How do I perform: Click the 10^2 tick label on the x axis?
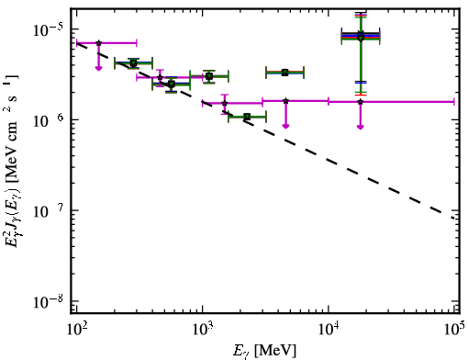click(x=76, y=329)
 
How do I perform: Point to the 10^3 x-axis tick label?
click(x=202, y=329)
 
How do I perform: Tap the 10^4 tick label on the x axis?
click(x=329, y=329)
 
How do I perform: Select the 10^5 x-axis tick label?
click(x=455, y=329)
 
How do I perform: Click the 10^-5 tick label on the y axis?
click(x=48, y=29)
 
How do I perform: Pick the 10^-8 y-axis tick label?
click(x=48, y=301)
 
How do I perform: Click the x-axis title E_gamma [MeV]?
click(x=264, y=350)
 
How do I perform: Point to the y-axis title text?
click(x=12, y=159)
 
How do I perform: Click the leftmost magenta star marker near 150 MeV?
click(x=98, y=43)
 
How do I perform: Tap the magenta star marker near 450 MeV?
click(x=160, y=77)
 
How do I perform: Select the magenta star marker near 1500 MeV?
click(x=225, y=103)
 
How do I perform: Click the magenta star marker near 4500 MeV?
click(x=285, y=101)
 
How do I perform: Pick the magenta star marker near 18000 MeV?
click(x=361, y=102)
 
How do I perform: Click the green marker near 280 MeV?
click(x=133, y=63)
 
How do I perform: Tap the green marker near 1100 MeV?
click(x=209, y=76)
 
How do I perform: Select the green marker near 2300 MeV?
click(x=247, y=117)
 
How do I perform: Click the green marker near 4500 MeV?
click(x=285, y=73)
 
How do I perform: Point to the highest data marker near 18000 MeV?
click(x=361, y=33)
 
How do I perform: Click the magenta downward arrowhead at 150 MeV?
click(x=98, y=68)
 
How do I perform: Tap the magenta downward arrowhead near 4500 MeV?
click(x=285, y=126)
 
